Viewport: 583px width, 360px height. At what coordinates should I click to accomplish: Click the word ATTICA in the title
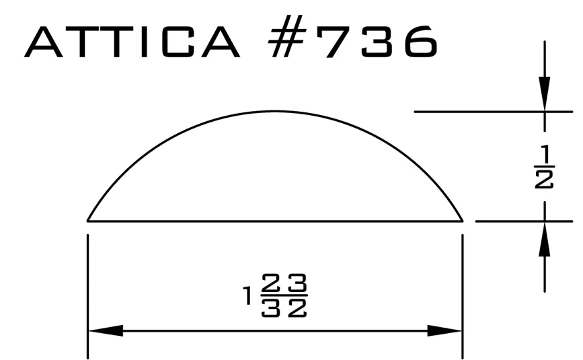coord(132,42)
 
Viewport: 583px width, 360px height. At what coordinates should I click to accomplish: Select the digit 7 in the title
coord(336,42)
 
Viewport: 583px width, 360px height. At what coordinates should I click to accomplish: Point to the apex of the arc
coord(274,111)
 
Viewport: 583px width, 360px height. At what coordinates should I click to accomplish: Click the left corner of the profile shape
coord(87,221)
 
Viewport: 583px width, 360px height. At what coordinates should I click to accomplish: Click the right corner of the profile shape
coord(463,221)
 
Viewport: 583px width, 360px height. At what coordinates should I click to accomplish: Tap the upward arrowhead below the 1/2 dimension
coord(545,239)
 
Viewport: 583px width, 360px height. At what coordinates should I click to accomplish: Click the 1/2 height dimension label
coord(544,168)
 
